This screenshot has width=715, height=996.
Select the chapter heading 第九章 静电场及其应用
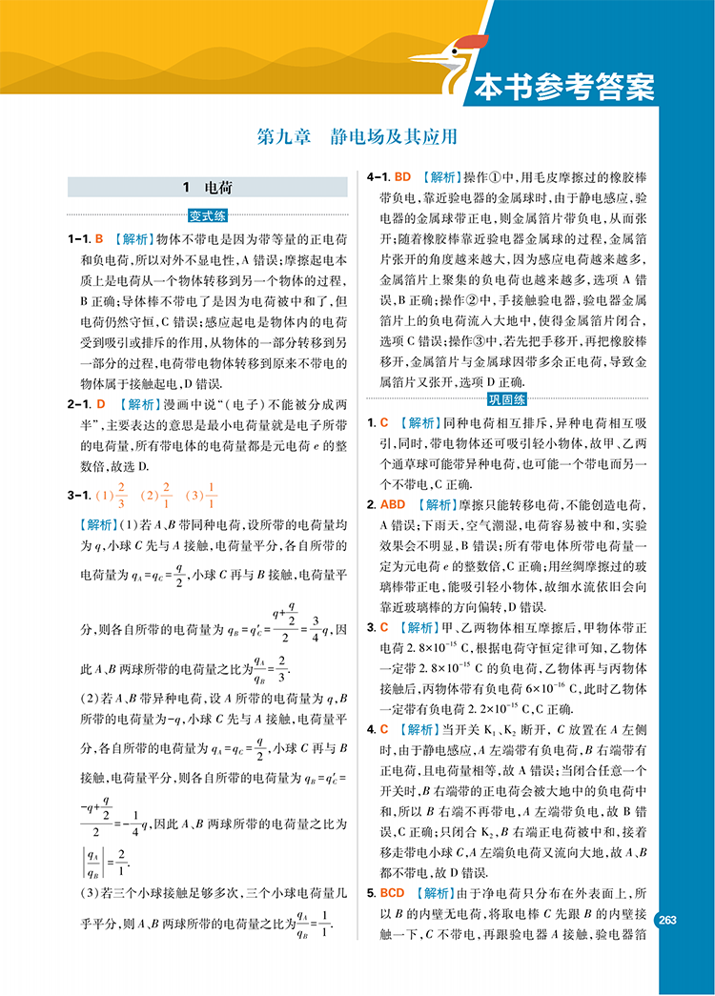coord(357,136)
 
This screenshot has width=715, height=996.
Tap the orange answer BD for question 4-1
coord(402,177)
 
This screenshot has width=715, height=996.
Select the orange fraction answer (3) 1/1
coord(202,495)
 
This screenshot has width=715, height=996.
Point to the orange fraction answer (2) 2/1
coord(156,495)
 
